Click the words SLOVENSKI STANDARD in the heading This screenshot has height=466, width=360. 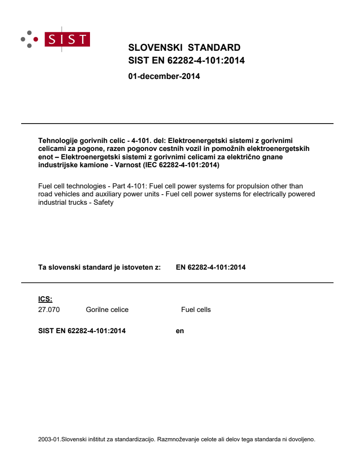tap(184, 48)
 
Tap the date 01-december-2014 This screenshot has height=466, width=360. tap(164, 76)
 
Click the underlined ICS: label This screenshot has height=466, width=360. tap(45, 299)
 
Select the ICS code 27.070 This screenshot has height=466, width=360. tap(49, 310)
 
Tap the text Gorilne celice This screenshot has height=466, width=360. tap(107, 310)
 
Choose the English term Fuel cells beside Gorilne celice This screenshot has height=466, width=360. tap(196, 310)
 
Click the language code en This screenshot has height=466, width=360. tap(180, 331)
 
